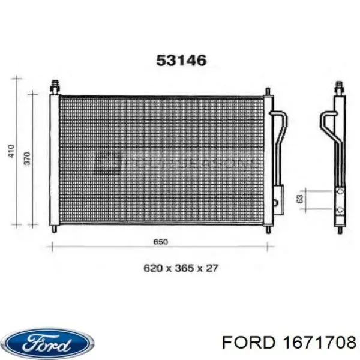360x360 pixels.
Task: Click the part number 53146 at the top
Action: coord(181,61)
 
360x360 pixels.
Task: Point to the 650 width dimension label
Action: coord(160,242)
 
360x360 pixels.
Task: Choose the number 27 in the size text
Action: coord(211,268)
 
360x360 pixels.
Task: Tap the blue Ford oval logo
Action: coord(48,343)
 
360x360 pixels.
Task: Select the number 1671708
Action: coord(316,343)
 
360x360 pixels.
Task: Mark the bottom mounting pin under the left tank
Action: coord(55,229)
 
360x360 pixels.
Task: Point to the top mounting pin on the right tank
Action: coord(266,90)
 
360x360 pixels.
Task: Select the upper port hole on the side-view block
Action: coord(340,192)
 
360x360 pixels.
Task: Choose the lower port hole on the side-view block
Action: coord(340,209)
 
